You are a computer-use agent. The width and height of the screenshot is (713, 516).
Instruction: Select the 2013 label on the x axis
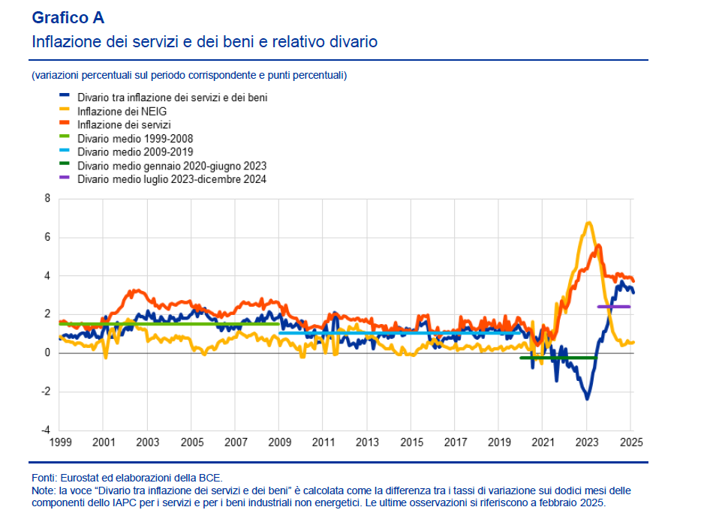(366, 443)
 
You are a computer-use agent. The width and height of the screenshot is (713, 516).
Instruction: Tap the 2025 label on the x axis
(630, 443)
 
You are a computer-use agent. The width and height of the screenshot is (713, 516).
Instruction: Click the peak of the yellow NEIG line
(588, 223)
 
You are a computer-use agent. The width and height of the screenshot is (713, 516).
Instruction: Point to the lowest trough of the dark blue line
(587, 398)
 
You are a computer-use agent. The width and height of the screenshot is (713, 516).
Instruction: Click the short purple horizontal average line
(613, 307)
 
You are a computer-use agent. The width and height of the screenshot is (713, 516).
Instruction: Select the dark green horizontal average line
(558, 358)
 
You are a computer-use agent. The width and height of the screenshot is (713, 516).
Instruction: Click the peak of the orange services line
(598, 245)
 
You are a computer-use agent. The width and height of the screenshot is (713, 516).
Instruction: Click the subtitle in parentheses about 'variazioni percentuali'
(189, 75)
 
